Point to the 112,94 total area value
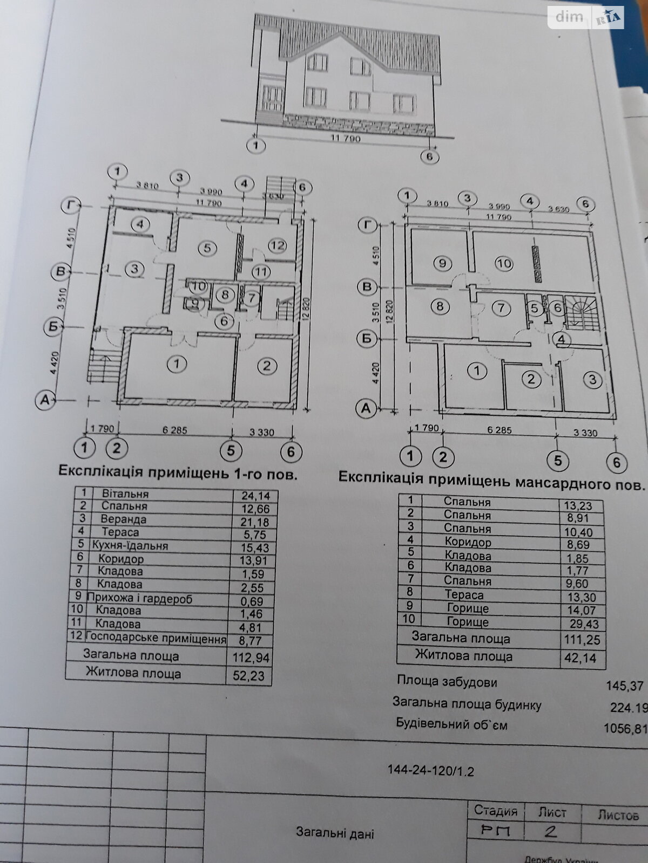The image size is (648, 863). (x=249, y=657)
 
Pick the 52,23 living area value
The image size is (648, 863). (x=249, y=675)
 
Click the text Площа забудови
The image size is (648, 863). (x=447, y=682)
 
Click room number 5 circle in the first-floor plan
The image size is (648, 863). (x=207, y=248)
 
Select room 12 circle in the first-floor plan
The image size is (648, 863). (x=277, y=246)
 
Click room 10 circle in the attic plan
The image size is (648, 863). (x=503, y=264)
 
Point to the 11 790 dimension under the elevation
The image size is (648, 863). (x=345, y=139)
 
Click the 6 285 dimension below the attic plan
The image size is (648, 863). (x=500, y=431)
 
